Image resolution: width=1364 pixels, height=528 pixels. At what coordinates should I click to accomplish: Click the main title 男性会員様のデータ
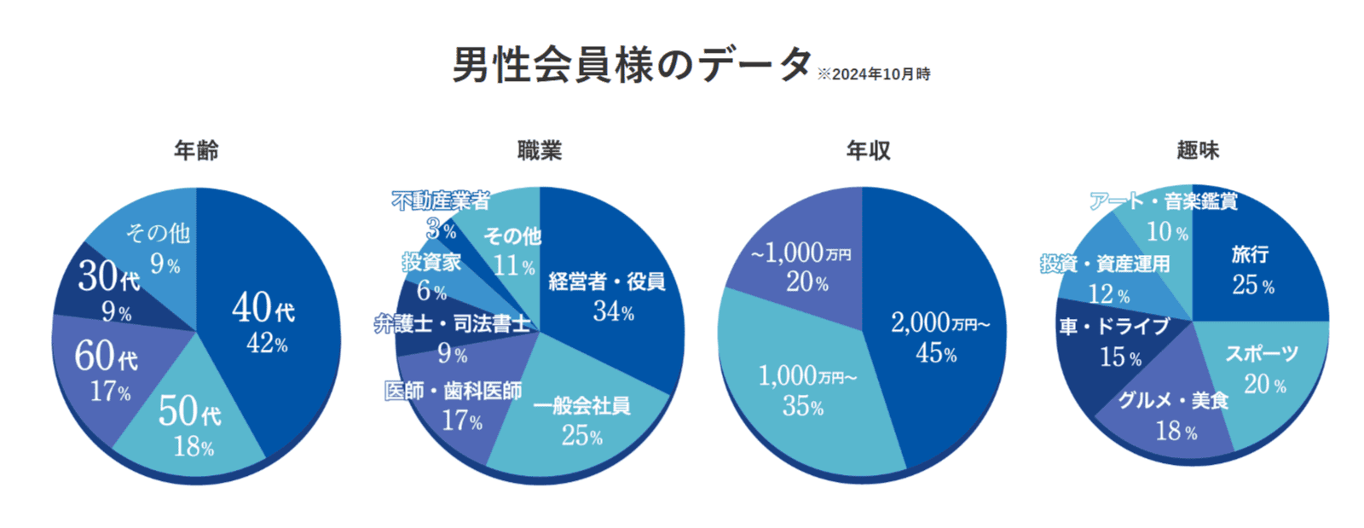632,65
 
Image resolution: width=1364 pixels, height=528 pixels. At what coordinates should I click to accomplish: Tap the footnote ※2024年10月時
873,75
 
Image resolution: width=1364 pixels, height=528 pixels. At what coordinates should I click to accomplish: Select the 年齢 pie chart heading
196,151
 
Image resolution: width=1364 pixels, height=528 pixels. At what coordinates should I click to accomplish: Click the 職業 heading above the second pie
540,151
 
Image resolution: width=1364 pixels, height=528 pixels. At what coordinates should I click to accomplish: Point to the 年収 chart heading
868,151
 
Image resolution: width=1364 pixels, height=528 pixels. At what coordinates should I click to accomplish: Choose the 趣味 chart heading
1198,151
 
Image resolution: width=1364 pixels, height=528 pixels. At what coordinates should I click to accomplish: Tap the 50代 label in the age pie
189,412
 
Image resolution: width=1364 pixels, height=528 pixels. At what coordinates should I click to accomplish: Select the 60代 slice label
106,357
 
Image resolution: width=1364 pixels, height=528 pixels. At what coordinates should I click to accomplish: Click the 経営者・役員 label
606,281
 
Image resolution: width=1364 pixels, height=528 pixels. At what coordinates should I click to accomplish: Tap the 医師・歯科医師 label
453,392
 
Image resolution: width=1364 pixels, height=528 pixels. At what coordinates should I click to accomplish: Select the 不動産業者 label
441,200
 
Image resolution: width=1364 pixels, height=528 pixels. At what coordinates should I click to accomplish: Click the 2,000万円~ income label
940,323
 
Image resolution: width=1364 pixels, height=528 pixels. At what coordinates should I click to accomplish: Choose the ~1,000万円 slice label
800,253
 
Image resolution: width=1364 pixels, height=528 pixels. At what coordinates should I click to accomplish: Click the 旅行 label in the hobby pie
1250,254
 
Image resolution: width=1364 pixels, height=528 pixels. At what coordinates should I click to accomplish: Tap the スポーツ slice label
1262,354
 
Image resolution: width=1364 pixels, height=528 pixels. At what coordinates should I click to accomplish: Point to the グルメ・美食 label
1173,400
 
